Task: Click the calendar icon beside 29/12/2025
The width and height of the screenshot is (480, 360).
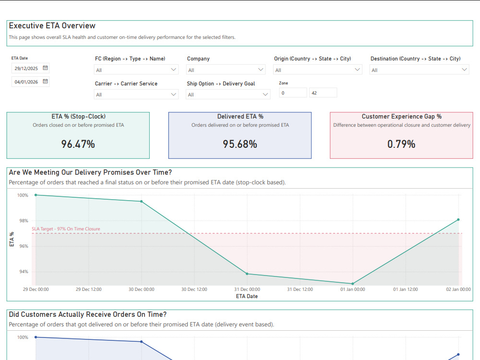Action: [45, 68]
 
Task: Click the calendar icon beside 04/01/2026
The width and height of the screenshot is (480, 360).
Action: [45, 82]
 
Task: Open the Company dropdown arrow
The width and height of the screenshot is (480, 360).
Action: [261, 70]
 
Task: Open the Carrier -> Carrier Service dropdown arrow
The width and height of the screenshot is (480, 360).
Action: [174, 94]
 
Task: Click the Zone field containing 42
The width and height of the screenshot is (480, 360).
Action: [323, 93]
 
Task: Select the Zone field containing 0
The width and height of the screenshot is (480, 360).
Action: [293, 93]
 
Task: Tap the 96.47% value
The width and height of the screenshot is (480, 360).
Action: [78, 144]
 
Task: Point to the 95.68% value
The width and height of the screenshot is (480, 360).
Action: [240, 144]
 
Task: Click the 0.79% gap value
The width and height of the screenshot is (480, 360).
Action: [401, 144]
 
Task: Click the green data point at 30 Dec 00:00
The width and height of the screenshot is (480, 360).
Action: [142, 202]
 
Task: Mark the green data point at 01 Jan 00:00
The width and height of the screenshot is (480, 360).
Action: [353, 284]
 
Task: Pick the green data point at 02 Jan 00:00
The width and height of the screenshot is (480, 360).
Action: [458, 219]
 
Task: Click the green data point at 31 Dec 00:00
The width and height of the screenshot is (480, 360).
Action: [247, 274]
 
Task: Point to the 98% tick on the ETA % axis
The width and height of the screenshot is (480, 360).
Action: [24, 221]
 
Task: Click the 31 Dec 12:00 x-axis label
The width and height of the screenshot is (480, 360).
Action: [300, 289]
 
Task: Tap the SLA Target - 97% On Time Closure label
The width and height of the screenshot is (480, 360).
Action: [66, 229]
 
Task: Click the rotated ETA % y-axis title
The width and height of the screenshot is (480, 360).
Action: [12, 240]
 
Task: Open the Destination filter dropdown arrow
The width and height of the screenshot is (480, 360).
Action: [464, 70]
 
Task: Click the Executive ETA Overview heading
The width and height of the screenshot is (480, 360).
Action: [52, 26]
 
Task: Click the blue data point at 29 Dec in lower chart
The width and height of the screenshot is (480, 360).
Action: [36, 337]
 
